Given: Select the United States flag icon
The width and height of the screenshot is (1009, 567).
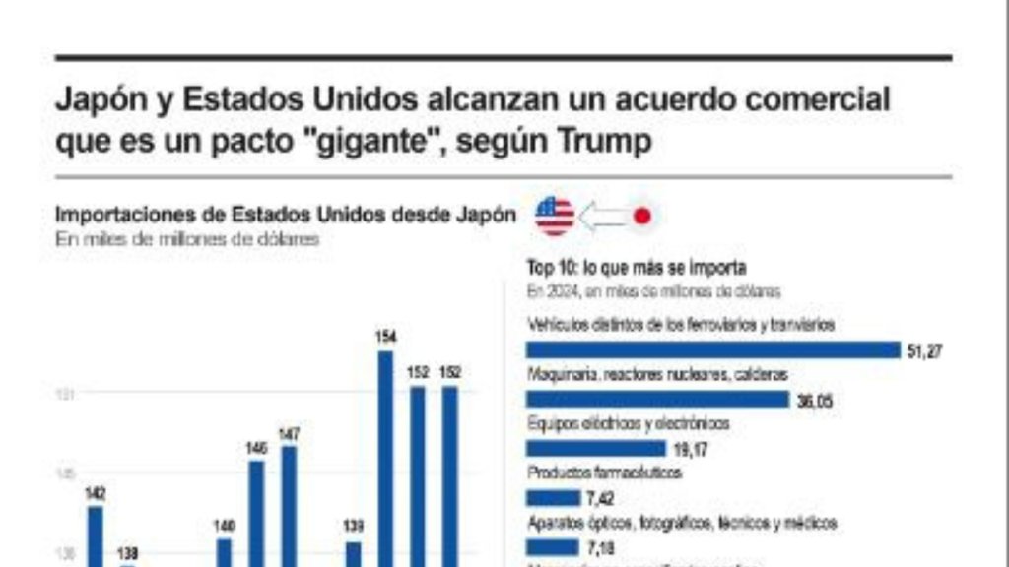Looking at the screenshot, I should (x=555, y=216).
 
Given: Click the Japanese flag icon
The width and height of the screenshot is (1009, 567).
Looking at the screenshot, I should (x=641, y=217).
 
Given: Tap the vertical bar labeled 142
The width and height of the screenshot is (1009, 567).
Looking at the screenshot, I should (x=96, y=535).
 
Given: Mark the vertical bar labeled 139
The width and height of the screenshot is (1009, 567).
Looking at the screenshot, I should (x=353, y=553).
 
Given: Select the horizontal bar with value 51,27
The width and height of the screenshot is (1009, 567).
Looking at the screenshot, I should (x=713, y=349).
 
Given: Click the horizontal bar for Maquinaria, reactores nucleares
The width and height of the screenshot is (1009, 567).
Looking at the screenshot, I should (x=657, y=399).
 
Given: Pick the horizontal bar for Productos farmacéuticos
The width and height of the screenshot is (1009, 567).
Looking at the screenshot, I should (x=553, y=498).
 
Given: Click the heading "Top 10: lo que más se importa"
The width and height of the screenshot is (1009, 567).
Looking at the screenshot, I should (x=637, y=267).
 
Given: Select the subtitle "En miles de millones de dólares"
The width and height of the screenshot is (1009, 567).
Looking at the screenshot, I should (x=187, y=238).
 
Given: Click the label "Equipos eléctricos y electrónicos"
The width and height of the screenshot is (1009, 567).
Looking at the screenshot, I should (x=629, y=423).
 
